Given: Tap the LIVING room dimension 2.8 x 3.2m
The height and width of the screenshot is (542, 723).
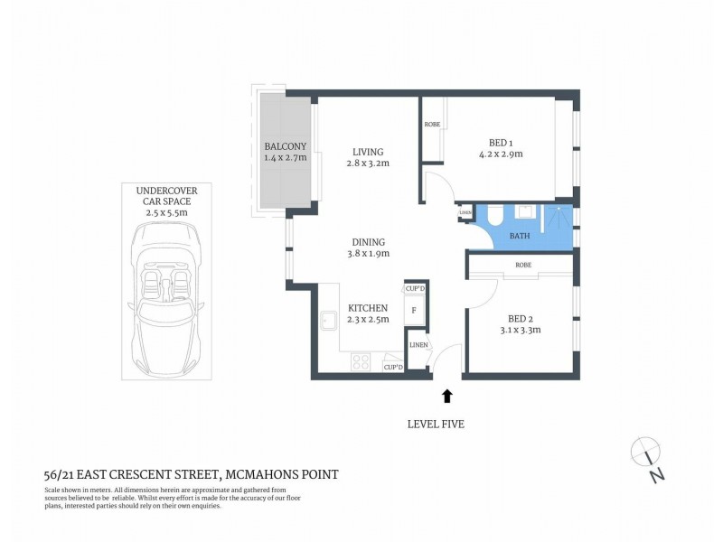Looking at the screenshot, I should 368,164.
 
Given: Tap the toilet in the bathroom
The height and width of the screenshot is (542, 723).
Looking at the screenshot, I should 523,213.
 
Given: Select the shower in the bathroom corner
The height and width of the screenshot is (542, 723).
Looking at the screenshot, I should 559,218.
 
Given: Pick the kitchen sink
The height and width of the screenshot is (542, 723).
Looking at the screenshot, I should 327,321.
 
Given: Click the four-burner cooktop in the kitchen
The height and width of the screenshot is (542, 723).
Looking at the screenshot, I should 361,362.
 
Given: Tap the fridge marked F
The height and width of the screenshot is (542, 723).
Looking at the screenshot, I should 414,309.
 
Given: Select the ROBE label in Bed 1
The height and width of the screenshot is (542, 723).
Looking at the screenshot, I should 432,124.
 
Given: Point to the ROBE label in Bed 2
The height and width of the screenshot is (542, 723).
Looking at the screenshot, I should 522,266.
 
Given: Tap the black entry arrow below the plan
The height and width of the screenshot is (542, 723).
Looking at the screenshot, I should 446,395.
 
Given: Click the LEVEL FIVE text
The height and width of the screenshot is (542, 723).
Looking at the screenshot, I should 436,424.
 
